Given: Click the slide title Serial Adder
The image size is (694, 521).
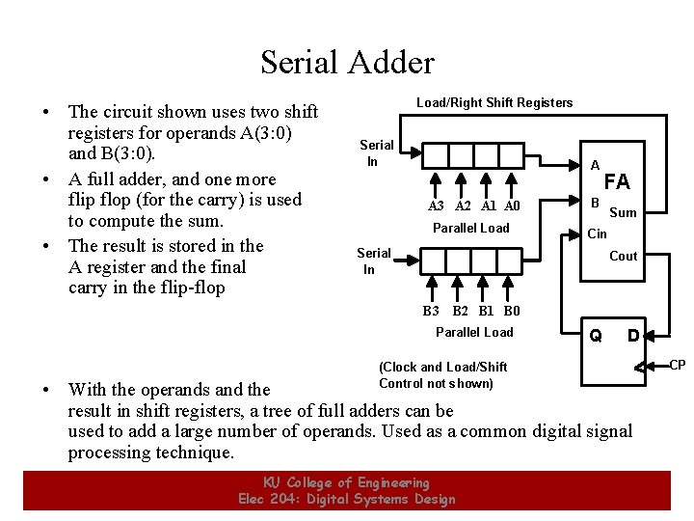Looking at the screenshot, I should pyautogui.click(x=347, y=63).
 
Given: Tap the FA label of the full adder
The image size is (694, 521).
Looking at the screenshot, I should pyautogui.click(x=616, y=181).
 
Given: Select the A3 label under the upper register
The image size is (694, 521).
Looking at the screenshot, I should pyautogui.click(x=437, y=206).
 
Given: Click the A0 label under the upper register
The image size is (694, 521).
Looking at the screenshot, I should pyautogui.click(x=512, y=206).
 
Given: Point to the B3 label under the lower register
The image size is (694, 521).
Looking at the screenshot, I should pyautogui.click(x=431, y=311).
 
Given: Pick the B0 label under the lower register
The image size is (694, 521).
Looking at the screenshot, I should pyautogui.click(x=512, y=311).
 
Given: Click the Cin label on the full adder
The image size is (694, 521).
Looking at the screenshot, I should pyautogui.click(x=598, y=233).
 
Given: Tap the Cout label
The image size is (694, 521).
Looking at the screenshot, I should pyautogui.click(x=624, y=256).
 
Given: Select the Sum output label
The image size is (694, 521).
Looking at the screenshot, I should pyautogui.click(x=624, y=212).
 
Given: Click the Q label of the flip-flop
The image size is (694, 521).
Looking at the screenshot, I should pyautogui.click(x=596, y=336).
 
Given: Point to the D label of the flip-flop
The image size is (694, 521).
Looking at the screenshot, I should pyautogui.click(x=633, y=336).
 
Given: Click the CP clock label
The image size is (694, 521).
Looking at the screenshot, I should pyautogui.click(x=678, y=365).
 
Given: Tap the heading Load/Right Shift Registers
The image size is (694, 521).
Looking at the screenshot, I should pyautogui.click(x=494, y=102).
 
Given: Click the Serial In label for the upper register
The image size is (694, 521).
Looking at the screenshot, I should pyautogui.click(x=376, y=152).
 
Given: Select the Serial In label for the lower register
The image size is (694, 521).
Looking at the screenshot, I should pyautogui.click(x=373, y=260).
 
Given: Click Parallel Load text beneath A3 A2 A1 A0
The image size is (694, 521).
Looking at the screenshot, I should pyautogui.click(x=470, y=228).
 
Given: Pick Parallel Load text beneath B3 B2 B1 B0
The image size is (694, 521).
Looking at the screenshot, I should pyautogui.click(x=474, y=332).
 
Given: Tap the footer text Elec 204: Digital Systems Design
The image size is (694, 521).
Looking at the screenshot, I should pyautogui.click(x=347, y=499).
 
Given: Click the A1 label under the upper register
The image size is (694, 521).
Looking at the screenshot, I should pyautogui.click(x=489, y=206).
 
